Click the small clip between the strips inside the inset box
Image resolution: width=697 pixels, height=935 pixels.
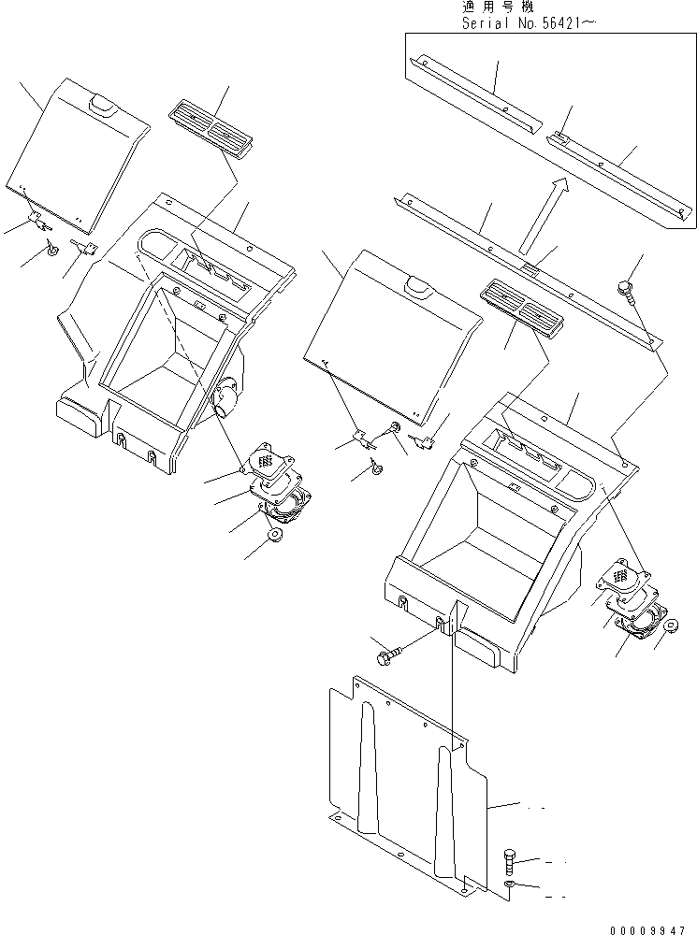[x=559, y=137]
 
